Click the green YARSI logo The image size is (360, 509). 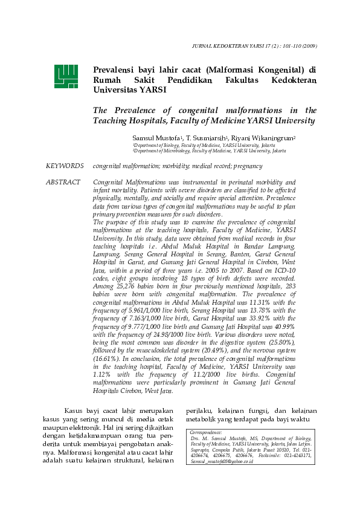pos(66,76)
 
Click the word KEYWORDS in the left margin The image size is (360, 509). pos(65,166)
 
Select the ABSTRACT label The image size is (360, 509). pos(63,182)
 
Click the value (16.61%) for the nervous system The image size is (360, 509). pos(108,358)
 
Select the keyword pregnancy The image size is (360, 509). pos(248,166)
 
